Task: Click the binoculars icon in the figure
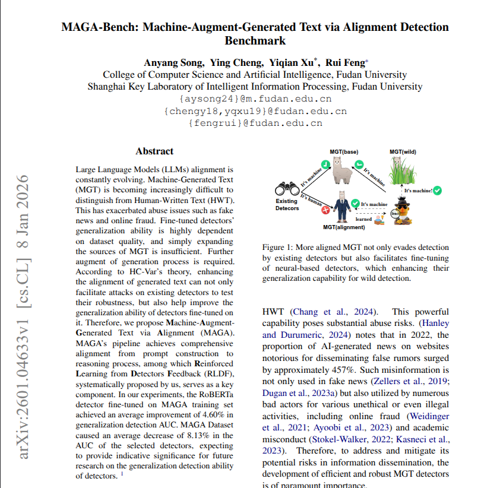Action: pyautogui.click(x=287, y=189)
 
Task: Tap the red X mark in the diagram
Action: pyautogui.click(x=325, y=210)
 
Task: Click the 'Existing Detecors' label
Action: pyautogui.click(x=287, y=205)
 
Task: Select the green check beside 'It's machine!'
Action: pyautogui.click(x=437, y=191)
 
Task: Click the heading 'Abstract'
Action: pyautogui.click(x=154, y=151)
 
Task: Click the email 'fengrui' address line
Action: pyautogui.click(x=255, y=123)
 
